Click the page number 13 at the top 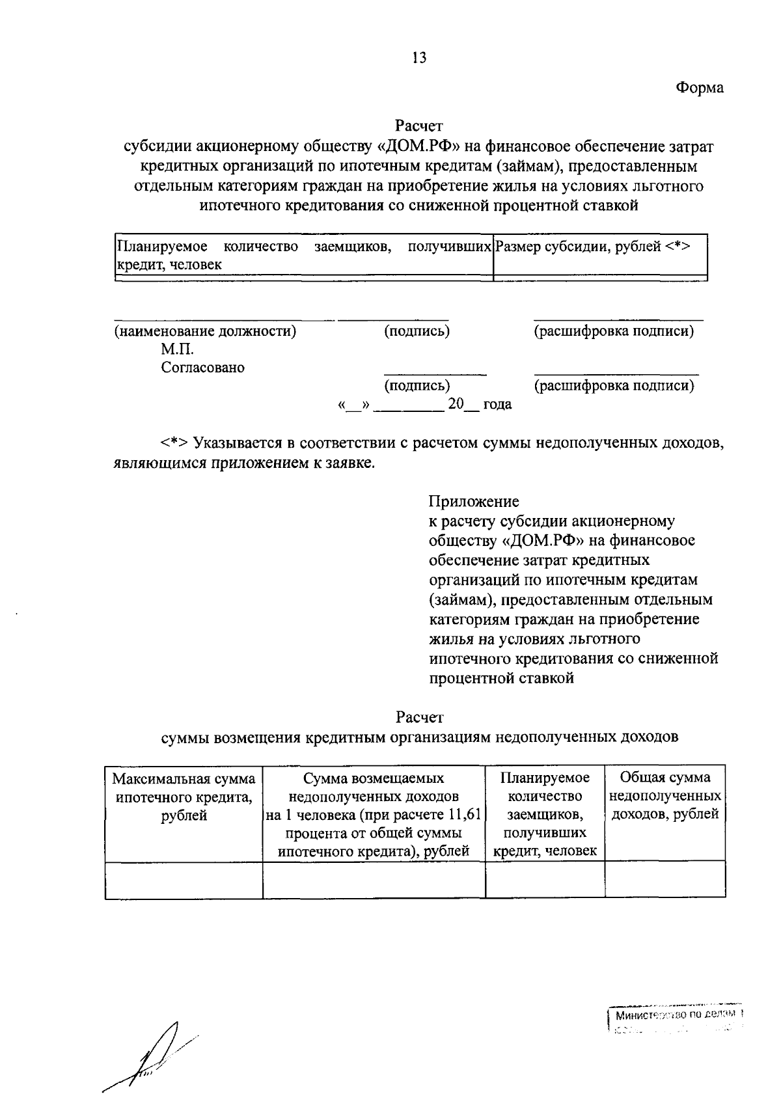[x=418, y=59]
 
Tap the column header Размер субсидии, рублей [x=592, y=247]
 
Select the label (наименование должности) [x=206, y=331]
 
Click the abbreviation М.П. [x=178, y=349]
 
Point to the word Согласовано [x=203, y=368]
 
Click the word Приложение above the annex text [x=474, y=501]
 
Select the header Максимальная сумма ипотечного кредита [x=184, y=797]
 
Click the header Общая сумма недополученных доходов [x=665, y=795]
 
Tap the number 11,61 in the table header [x=463, y=815]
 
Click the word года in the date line [x=497, y=404]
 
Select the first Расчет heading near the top [x=418, y=126]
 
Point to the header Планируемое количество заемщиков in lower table [x=545, y=813]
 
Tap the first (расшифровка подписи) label [x=614, y=331]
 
